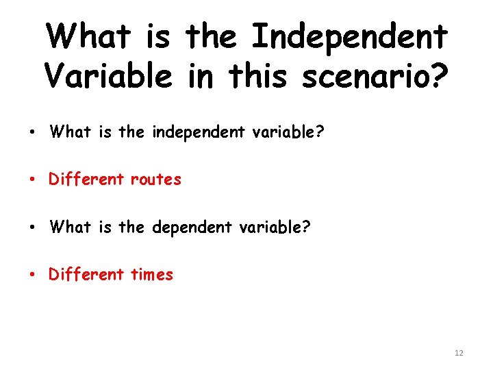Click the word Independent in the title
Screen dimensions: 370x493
[x=350, y=37]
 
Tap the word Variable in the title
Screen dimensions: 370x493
[x=109, y=76]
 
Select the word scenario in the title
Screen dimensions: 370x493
[x=363, y=76]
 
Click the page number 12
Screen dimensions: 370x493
[x=458, y=353]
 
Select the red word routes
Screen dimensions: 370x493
[x=156, y=180]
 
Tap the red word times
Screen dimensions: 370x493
[x=152, y=275]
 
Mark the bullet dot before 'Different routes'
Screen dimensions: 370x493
[x=33, y=180]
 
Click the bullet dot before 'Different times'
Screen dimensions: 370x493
[x=33, y=275]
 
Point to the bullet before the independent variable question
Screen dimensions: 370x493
[x=33, y=132]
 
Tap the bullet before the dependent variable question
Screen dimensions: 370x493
[x=33, y=227]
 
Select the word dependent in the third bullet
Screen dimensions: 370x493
[x=186, y=227]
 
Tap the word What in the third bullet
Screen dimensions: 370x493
[x=70, y=227]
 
